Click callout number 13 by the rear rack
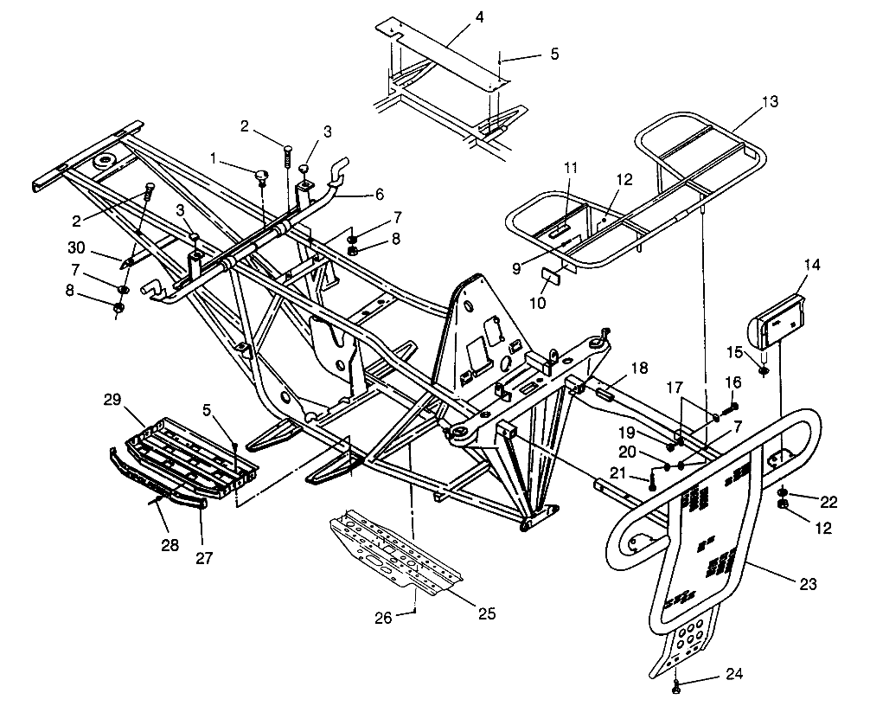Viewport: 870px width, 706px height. point(770,102)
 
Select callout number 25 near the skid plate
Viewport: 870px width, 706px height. point(487,613)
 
